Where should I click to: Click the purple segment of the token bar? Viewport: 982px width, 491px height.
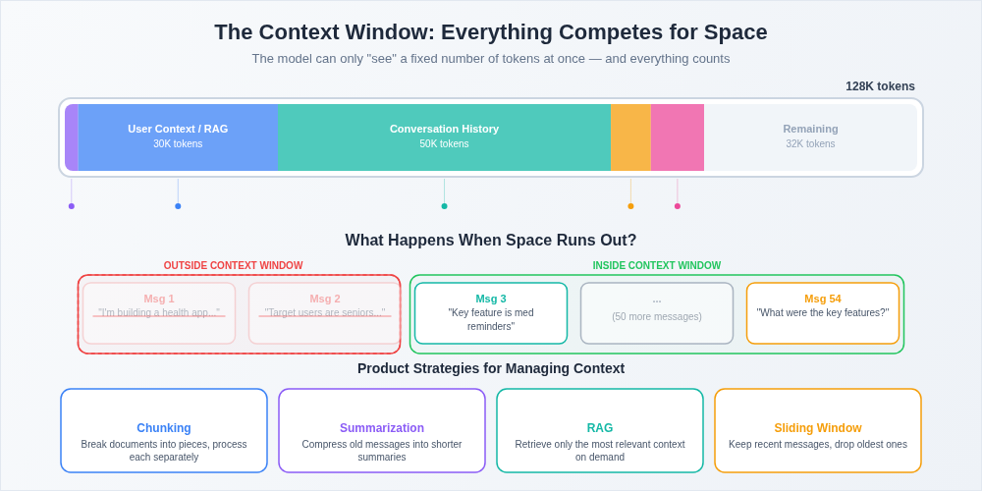click(72, 137)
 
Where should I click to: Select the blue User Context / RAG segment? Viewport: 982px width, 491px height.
click(178, 136)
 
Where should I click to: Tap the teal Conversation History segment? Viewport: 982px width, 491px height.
click(444, 136)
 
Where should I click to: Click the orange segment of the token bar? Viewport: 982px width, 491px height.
click(630, 137)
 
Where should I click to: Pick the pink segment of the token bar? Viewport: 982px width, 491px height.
click(678, 137)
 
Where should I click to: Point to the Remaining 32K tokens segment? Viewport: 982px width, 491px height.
click(810, 136)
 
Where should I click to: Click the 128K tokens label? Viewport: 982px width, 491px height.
click(880, 86)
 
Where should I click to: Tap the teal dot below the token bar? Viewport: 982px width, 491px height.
click(444, 206)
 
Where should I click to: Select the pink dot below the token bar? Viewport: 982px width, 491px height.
click(678, 206)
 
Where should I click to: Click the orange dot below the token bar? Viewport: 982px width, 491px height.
click(630, 206)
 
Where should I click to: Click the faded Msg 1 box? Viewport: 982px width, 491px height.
click(159, 313)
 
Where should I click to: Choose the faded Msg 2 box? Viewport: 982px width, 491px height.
click(325, 313)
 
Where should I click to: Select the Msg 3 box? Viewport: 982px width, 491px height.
click(491, 313)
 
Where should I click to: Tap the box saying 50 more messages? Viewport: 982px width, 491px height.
click(657, 313)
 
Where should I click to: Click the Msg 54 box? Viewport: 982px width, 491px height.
click(823, 313)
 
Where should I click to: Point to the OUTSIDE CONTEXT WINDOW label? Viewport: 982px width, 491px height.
click(233, 265)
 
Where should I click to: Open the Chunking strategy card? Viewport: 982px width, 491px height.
click(164, 430)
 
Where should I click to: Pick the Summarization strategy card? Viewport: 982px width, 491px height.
click(382, 430)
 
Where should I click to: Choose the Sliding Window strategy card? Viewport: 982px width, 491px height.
click(818, 430)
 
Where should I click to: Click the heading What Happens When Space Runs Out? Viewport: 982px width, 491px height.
click(491, 240)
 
